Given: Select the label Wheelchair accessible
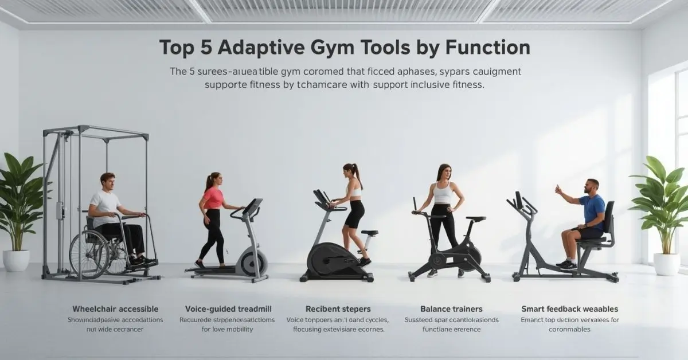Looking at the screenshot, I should coord(115,309).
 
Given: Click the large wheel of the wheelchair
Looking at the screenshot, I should coord(86,252).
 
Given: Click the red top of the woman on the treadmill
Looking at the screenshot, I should coord(213,198).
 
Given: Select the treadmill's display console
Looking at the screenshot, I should coord(252,206).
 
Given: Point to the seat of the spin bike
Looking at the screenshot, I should coord(476,218).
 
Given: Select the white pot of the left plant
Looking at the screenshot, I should coord(16,260).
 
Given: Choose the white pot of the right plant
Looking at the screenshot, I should coord(667,263).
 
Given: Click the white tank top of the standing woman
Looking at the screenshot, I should coord(443,193).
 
